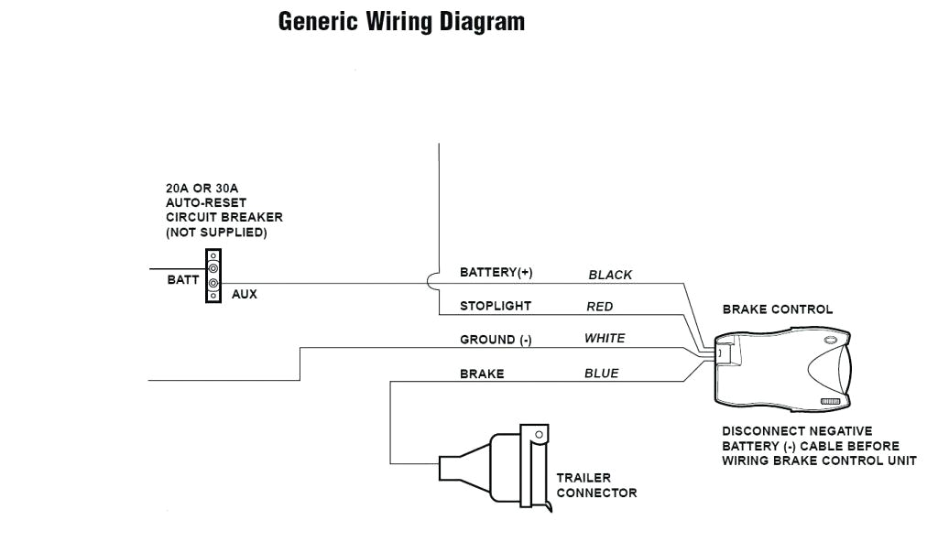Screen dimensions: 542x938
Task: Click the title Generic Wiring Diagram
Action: coord(401,22)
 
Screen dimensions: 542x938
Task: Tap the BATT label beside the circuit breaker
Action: coord(181,280)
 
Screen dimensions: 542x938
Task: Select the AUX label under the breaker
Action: coord(244,295)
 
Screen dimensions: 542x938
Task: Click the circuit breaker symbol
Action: coord(213,276)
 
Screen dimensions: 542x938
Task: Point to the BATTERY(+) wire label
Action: coord(496,273)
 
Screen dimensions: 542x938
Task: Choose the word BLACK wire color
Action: coord(610,275)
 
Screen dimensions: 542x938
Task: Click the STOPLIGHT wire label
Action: coord(495,306)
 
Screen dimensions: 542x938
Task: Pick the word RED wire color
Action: coord(600,307)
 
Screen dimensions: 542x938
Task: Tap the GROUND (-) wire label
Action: coord(496,340)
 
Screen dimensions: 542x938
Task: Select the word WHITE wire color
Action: coord(605,339)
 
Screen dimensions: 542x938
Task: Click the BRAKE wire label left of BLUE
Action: coord(482,374)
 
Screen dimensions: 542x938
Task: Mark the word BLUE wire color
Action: coord(601,374)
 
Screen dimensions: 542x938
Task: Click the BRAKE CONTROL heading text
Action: coord(778,309)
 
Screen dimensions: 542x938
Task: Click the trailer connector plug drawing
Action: coord(499,467)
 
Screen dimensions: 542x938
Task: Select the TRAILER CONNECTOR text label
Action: coord(596,485)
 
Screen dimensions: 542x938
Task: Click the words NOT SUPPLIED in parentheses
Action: coord(216,233)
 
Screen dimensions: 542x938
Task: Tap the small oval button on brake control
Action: coord(830,340)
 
